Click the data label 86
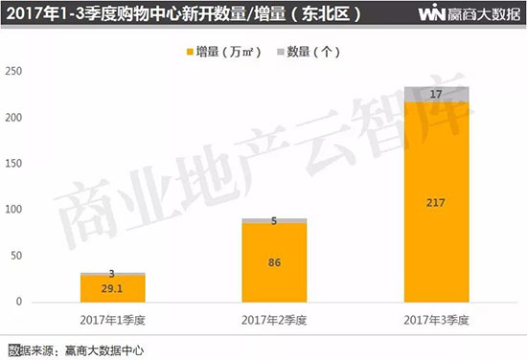tap(274, 261)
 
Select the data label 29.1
tap(113, 288)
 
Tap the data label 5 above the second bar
tap(274, 221)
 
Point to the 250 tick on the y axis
tap(13, 71)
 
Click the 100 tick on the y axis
tap(13, 210)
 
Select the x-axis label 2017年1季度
tap(113, 317)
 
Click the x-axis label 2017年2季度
tap(274, 317)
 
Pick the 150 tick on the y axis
tap(13, 164)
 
